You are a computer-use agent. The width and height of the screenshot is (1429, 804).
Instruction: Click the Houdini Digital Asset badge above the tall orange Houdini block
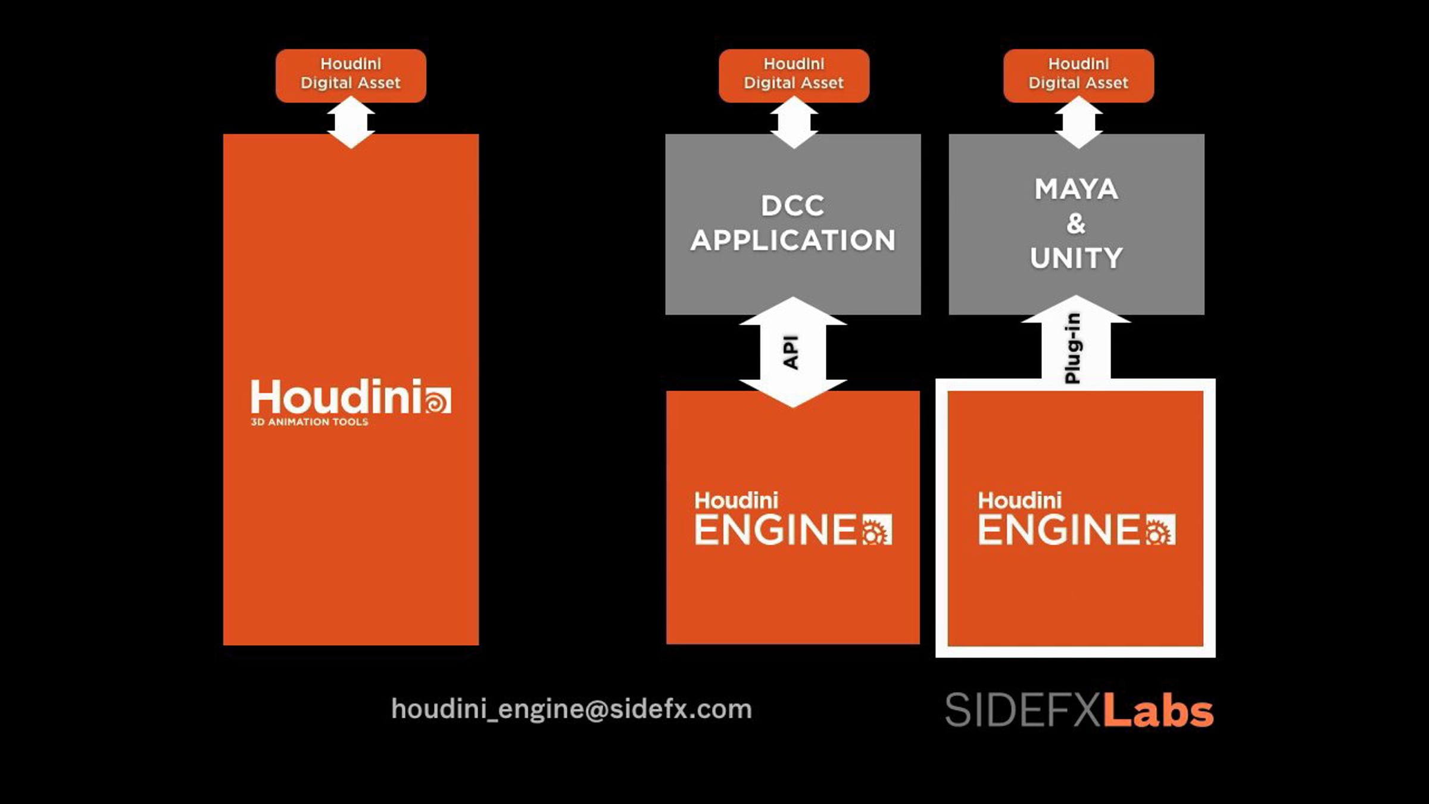(x=351, y=76)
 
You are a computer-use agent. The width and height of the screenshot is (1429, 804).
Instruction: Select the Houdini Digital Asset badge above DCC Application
(x=794, y=76)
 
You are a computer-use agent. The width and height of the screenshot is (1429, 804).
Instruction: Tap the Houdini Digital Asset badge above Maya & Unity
(x=1078, y=76)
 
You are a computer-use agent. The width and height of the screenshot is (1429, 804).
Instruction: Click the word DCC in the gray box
(x=792, y=206)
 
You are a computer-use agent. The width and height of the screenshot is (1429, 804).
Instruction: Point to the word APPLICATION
(x=792, y=241)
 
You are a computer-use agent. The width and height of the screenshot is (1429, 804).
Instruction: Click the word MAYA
(x=1076, y=189)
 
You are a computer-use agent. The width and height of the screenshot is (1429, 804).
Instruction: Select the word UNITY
(x=1076, y=258)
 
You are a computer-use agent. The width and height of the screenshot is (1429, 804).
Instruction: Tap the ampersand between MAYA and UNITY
(x=1075, y=224)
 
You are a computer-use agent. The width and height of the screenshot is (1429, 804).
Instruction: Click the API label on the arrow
(x=790, y=353)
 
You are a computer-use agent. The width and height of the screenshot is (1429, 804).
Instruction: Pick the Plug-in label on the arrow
(x=1072, y=348)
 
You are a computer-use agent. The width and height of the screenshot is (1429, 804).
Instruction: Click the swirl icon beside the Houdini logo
(x=438, y=400)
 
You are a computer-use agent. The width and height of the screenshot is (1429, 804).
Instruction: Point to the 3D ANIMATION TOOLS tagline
(x=310, y=422)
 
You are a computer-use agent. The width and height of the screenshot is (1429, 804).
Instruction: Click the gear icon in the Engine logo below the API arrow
(x=877, y=529)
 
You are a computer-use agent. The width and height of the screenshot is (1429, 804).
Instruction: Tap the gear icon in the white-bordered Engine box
(x=1160, y=529)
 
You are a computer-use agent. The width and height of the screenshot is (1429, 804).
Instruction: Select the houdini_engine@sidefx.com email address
(x=572, y=709)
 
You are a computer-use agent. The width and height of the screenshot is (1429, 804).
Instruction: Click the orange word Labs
(x=1159, y=710)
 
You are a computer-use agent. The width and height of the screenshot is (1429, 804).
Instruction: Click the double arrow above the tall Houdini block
(x=351, y=123)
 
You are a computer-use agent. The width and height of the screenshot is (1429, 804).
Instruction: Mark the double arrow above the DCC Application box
(x=794, y=123)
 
